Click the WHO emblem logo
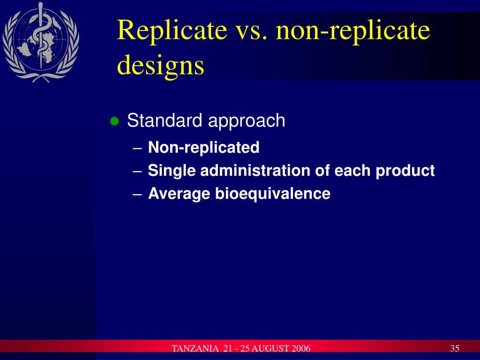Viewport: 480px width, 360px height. [x=40, y=41]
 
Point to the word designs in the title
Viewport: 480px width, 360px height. [x=160, y=66]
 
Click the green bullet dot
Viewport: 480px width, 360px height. [x=113, y=122]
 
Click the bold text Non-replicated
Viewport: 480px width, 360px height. [x=203, y=148]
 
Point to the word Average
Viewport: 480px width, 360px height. [x=180, y=194]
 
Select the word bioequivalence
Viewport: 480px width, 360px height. [x=273, y=194]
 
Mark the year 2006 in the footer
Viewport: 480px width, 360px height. [x=301, y=349]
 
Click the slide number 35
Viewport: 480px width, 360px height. [x=454, y=349]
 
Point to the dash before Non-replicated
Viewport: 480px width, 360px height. [x=137, y=149]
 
